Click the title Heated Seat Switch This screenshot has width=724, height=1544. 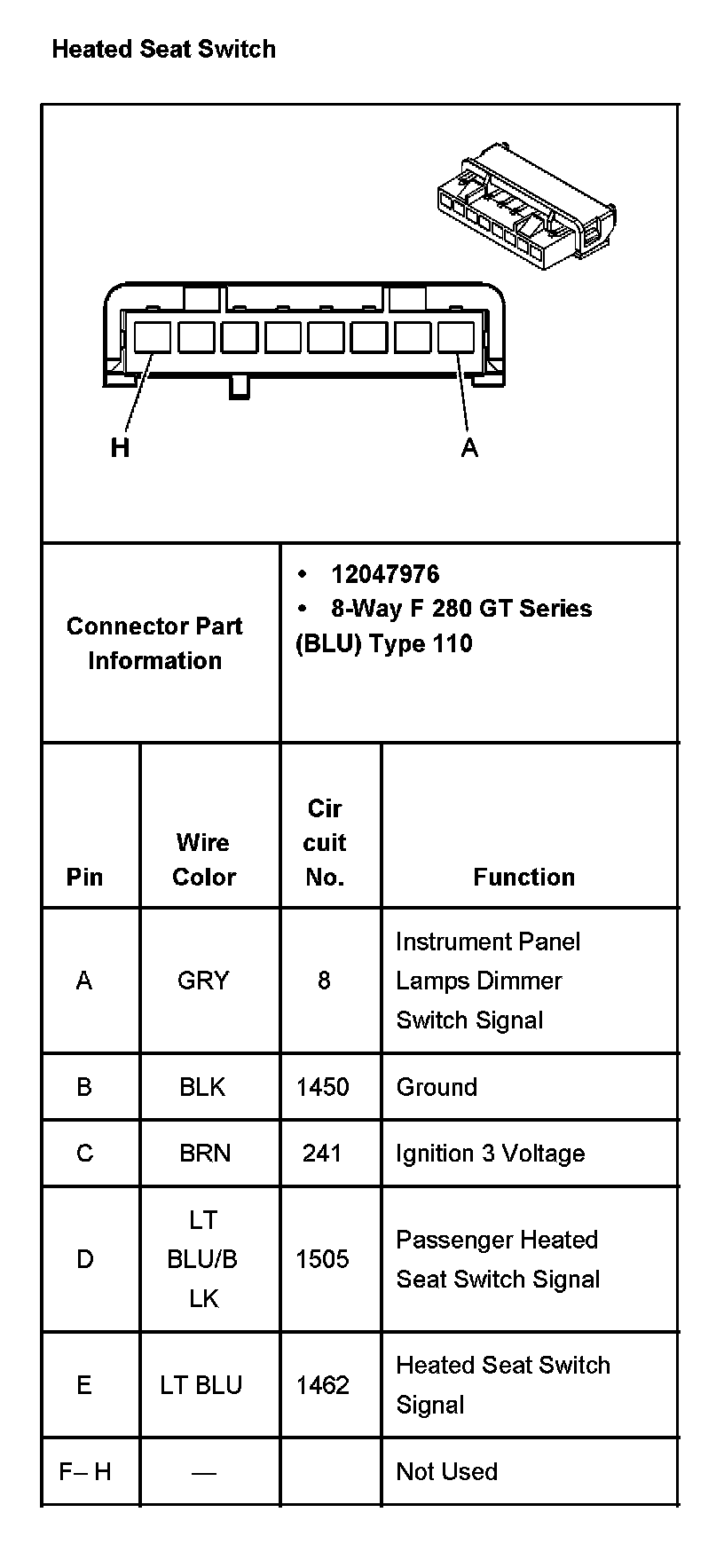pyautogui.click(x=163, y=49)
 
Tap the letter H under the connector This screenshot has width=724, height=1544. pyautogui.click(x=120, y=448)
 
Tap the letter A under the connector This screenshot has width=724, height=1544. pyautogui.click(x=469, y=448)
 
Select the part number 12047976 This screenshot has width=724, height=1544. pyautogui.click(x=385, y=574)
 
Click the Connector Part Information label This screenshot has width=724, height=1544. pyautogui.click(x=154, y=643)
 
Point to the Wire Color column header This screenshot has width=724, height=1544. pyautogui.click(x=203, y=859)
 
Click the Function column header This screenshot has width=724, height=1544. pyautogui.click(x=523, y=877)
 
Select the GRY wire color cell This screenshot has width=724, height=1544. pyautogui.click(x=203, y=981)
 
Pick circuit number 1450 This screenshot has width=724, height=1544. pyautogui.click(x=322, y=1087)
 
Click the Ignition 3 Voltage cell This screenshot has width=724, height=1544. pyautogui.click(x=490, y=1154)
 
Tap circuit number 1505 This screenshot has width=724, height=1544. pyautogui.click(x=322, y=1259)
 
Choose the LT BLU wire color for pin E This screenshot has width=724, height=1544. pyautogui.click(x=201, y=1385)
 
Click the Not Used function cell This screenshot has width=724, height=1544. pyautogui.click(x=446, y=1471)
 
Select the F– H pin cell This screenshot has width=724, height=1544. pyautogui.click(x=85, y=1471)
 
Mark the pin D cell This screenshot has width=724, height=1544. pyautogui.click(x=85, y=1259)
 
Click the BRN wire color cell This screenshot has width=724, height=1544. pyautogui.click(x=205, y=1154)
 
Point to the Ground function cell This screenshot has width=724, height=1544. pyautogui.click(x=437, y=1087)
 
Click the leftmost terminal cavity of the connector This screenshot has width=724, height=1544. pyautogui.click(x=153, y=337)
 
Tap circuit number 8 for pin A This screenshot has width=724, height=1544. pyautogui.click(x=324, y=981)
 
